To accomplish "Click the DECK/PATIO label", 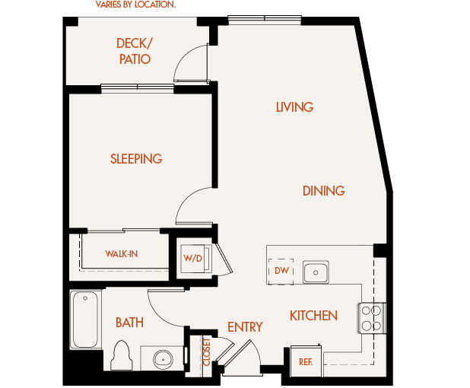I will click(133, 51).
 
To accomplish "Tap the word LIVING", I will click(294, 107).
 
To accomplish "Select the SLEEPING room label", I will click(136, 159).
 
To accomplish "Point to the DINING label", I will click(323, 191).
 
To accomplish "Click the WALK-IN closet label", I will click(122, 254).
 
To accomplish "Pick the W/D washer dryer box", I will click(193, 259).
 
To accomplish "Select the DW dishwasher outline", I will click(281, 271).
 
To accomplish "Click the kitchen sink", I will click(315, 272).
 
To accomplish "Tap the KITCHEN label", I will click(313, 315).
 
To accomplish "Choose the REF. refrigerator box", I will click(306, 361).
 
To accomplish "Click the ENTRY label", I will click(245, 327).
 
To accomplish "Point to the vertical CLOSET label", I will click(206, 352).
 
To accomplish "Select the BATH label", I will click(129, 323).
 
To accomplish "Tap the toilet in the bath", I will click(122, 355).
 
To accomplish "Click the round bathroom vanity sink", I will click(161, 358).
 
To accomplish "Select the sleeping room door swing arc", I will click(192, 204).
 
